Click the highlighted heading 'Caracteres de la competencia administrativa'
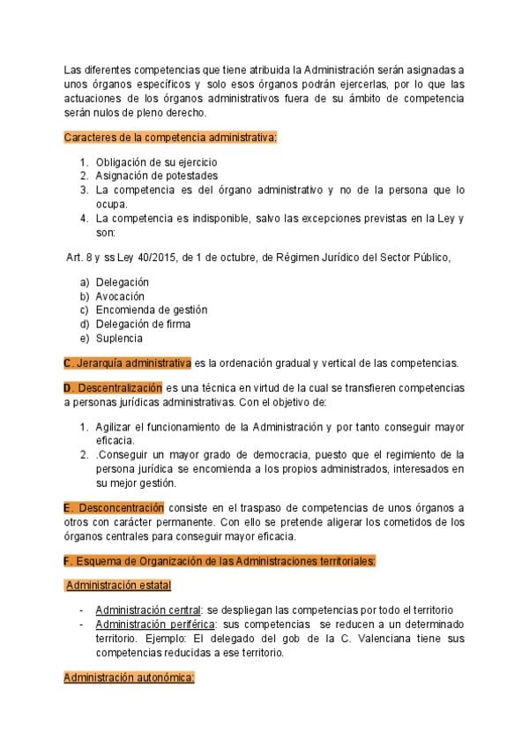[x=171, y=138]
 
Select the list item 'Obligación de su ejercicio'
[x=156, y=162]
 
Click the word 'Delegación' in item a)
[x=123, y=282]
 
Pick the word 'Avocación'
[x=120, y=296]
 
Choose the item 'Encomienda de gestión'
[x=152, y=310]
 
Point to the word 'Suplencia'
[x=119, y=338]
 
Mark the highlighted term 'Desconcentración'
[x=120, y=508]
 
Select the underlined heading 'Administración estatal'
[x=119, y=586]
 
